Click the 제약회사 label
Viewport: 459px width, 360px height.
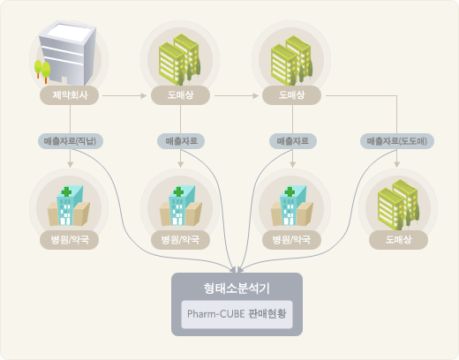pyautogui.click(x=70, y=95)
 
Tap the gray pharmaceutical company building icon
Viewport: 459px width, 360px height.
pyautogui.click(x=68, y=53)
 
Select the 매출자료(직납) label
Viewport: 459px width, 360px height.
pyautogui.click(x=71, y=141)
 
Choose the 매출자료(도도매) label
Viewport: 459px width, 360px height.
pyautogui.click(x=397, y=141)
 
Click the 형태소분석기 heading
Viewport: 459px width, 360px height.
pyautogui.click(x=237, y=289)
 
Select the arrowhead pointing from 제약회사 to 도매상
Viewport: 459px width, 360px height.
pyautogui.click(x=144, y=95)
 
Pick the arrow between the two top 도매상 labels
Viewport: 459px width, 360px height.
pyautogui.click(x=237, y=95)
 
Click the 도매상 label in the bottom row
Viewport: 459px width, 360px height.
pyautogui.click(x=398, y=240)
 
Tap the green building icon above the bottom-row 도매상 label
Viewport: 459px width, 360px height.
pyautogui.click(x=399, y=205)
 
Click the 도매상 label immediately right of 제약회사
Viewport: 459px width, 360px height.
pyautogui.click(x=180, y=95)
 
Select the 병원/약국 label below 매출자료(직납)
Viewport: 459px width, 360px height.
pyautogui.click(x=70, y=240)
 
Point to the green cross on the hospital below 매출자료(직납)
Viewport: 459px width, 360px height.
pyautogui.click(x=66, y=191)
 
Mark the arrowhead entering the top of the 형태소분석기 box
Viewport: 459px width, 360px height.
pyautogui.click(x=237, y=269)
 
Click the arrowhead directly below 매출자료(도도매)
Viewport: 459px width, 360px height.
pyautogui.click(x=397, y=165)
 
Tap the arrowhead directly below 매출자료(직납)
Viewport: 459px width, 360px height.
pyautogui.click(x=70, y=165)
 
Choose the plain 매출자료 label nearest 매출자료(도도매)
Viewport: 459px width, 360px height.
pyautogui.click(x=293, y=141)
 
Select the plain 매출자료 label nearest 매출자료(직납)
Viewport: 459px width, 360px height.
pyautogui.click(x=181, y=141)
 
